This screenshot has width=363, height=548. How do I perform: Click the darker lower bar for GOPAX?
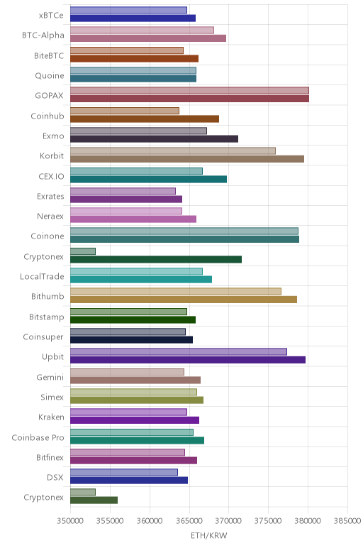189,99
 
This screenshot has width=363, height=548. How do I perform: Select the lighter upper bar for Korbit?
173,150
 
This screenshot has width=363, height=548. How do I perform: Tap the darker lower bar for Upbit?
188,360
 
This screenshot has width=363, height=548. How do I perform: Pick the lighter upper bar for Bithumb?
176,291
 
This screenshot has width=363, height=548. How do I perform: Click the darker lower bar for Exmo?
154,138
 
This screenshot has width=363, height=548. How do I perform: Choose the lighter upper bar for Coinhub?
125,111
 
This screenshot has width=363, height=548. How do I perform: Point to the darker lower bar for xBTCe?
133,18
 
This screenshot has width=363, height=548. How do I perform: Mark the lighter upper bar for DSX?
124,472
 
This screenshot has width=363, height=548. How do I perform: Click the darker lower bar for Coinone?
184,239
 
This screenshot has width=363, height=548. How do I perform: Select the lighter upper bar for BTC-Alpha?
142,30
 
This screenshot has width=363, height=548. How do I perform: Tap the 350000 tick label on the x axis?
70,521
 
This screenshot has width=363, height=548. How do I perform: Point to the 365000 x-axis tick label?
189,521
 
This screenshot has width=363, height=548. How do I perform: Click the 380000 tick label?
308,521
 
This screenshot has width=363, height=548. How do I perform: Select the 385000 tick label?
347,521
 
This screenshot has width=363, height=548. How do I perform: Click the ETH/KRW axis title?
208,535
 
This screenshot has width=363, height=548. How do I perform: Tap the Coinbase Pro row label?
38,437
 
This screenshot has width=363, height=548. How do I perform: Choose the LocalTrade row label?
42,276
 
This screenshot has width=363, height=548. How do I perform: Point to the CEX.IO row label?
51,176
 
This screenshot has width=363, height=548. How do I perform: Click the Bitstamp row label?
46,317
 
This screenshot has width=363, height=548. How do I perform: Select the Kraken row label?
51,417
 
